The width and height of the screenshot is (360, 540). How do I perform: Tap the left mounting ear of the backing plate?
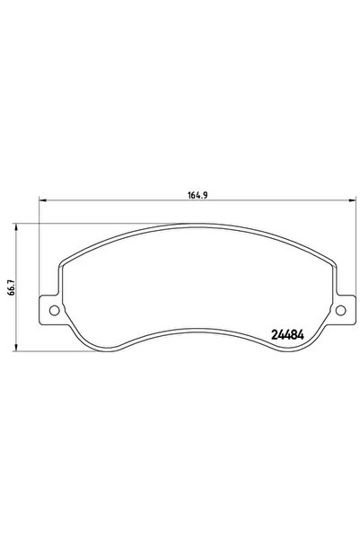[52, 311]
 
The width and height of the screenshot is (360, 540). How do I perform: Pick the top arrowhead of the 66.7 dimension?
[18, 227]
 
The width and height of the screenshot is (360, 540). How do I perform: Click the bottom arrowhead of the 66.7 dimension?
[18, 348]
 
